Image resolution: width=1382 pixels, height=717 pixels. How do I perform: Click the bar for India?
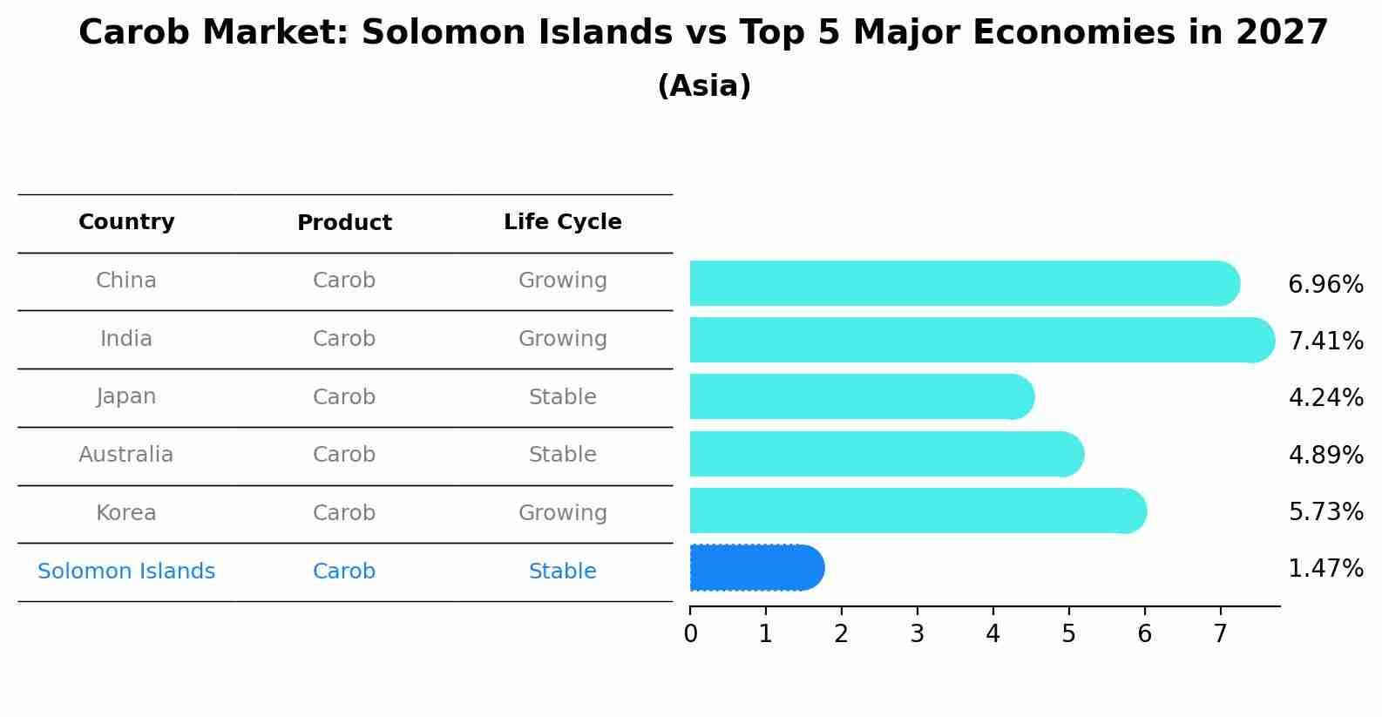[x=976, y=340]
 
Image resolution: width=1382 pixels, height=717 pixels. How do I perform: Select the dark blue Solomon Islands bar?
[x=754, y=568]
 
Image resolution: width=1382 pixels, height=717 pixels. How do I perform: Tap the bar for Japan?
[x=858, y=397]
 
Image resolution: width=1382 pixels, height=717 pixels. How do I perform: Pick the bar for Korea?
[x=915, y=511]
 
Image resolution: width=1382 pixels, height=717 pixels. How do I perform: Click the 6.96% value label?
[x=1325, y=285]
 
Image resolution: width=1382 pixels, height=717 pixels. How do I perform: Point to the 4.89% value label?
[x=1325, y=455]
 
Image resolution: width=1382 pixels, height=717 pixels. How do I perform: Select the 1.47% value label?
[x=1325, y=569]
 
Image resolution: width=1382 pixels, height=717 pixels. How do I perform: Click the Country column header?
[x=126, y=222]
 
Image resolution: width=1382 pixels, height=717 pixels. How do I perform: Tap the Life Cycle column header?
[x=563, y=222]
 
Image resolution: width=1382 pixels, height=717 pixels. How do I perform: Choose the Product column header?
[x=344, y=223]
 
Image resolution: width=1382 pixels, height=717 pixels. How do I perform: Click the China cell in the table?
[x=126, y=281]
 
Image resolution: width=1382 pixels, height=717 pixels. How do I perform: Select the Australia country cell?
[x=126, y=455]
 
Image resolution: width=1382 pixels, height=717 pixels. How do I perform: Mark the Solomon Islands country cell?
[x=126, y=572]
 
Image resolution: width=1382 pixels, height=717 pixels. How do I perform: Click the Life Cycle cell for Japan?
[x=563, y=397]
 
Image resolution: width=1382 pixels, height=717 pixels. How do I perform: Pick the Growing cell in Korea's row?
[x=563, y=513]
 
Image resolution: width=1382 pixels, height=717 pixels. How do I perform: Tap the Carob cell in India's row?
[x=344, y=339]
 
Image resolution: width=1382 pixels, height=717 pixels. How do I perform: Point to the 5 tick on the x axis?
[x=1068, y=634]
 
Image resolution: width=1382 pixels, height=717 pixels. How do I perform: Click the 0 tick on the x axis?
[x=690, y=634]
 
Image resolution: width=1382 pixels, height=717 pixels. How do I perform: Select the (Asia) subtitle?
[x=704, y=86]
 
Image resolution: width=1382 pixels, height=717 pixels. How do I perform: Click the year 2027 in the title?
[x=1282, y=33]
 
